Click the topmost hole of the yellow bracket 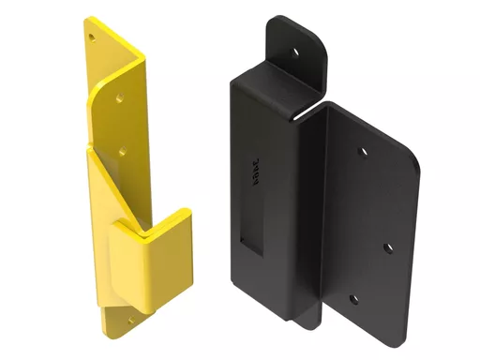click(92, 37)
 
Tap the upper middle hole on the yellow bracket click(120, 97)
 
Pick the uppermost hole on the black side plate click(364, 150)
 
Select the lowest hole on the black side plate click(353, 300)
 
